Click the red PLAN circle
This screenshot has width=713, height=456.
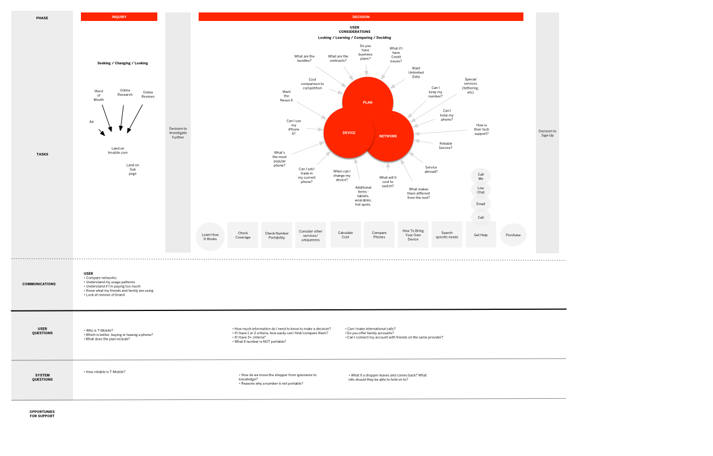click(368, 96)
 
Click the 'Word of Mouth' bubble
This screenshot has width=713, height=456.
click(99, 95)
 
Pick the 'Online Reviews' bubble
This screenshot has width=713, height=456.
click(148, 94)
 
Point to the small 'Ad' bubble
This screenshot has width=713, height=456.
click(92, 121)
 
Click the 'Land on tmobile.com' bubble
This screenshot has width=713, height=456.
click(118, 150)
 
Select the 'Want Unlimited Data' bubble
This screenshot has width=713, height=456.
click(416, 73)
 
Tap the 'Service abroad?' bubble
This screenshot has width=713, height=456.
click(431, 169)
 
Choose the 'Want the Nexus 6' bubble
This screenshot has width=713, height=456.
click(286, 96)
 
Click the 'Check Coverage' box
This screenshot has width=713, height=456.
click(243, 235)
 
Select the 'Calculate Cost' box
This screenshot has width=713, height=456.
click(345, 235)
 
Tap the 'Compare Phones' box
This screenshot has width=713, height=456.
click(379, 235)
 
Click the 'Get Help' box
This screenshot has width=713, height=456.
click(481, 235)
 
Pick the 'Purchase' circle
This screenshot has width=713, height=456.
click(513, 235)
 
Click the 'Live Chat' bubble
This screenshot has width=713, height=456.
click(481, 190)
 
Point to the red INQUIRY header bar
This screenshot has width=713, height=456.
click(119, 17)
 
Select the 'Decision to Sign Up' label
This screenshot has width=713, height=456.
click(547, 133)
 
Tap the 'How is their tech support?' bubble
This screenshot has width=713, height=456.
click(482, 129)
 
